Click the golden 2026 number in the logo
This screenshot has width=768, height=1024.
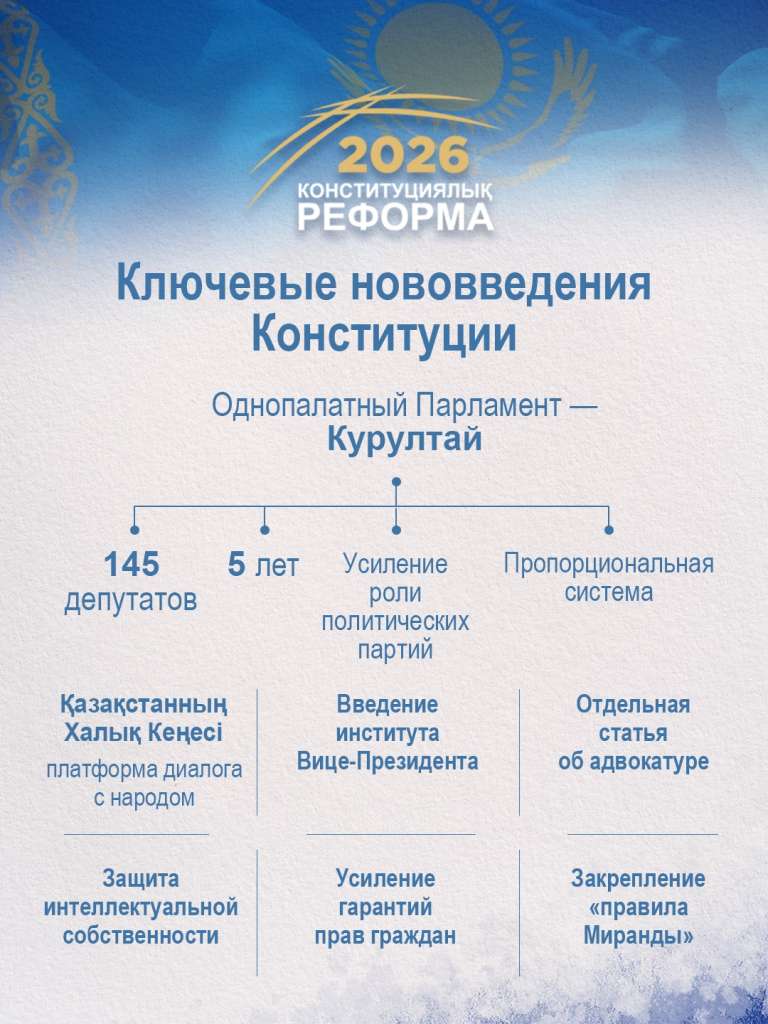(x=403, y=156)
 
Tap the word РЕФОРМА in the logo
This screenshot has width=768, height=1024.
(x=395, y=216)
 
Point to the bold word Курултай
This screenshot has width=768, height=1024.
(x=404, y=440)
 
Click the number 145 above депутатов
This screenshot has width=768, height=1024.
(x=131, y=565)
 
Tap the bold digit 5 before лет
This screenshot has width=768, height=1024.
(x=237, y=565)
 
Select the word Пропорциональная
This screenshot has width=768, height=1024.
(x=608, y=563)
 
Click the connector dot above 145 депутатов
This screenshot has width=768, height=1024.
(x=135, y=530)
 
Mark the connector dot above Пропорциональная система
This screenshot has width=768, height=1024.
(x=609, y=530)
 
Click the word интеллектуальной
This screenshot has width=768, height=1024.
(x=141, y=908)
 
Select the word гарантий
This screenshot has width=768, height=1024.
(x=385, y=908)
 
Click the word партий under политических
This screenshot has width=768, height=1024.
(x=395, y=650)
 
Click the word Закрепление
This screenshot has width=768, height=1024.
(x=638, y=879)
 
